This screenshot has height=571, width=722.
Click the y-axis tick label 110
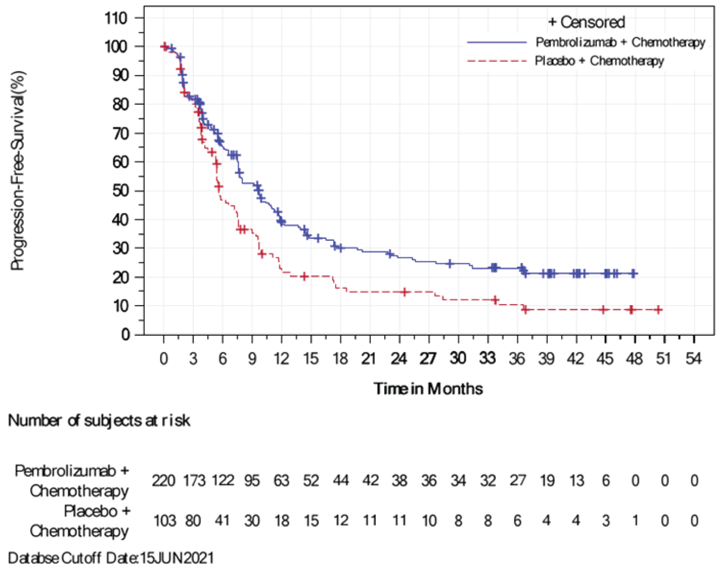(x=116, y=18)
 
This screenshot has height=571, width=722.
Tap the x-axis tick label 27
(x=428, y=358)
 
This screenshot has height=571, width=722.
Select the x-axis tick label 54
(x=693, y=358)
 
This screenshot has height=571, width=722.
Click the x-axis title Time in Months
(x=428, y=389)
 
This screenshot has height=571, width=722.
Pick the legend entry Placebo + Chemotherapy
(x=599, y=61)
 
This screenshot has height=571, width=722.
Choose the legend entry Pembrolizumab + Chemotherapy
(x=620, y=42)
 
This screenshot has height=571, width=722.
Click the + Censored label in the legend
(x=587, y=22)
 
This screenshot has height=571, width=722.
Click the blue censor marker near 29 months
(x=450, y=264)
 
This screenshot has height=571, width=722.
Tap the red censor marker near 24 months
(x=404, y=292)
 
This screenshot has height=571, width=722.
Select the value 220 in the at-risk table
(x=163, y=481)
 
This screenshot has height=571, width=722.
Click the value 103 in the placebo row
(x=164, y=521)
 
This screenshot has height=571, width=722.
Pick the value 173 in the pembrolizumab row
(x=193, y=481)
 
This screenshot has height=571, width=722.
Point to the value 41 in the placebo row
(x=222, y=521)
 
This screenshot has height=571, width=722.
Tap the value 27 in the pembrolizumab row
(x=517, y=481)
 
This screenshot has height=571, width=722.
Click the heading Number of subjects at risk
(x=99, y=420)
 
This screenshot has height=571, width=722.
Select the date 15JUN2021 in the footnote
(x=177, y=558)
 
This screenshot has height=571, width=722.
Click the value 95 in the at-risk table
(x=252, y=481)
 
